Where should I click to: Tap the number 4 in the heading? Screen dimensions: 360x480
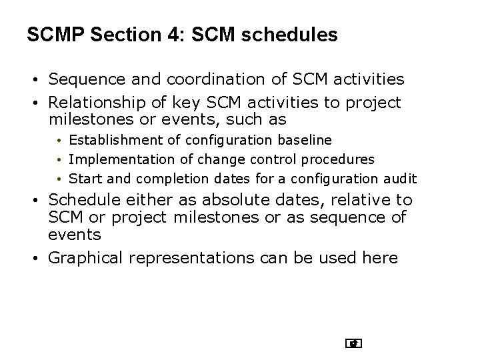click(x=171, y=34)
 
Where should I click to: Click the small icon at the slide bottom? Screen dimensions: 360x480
click(x=353, y=343)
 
